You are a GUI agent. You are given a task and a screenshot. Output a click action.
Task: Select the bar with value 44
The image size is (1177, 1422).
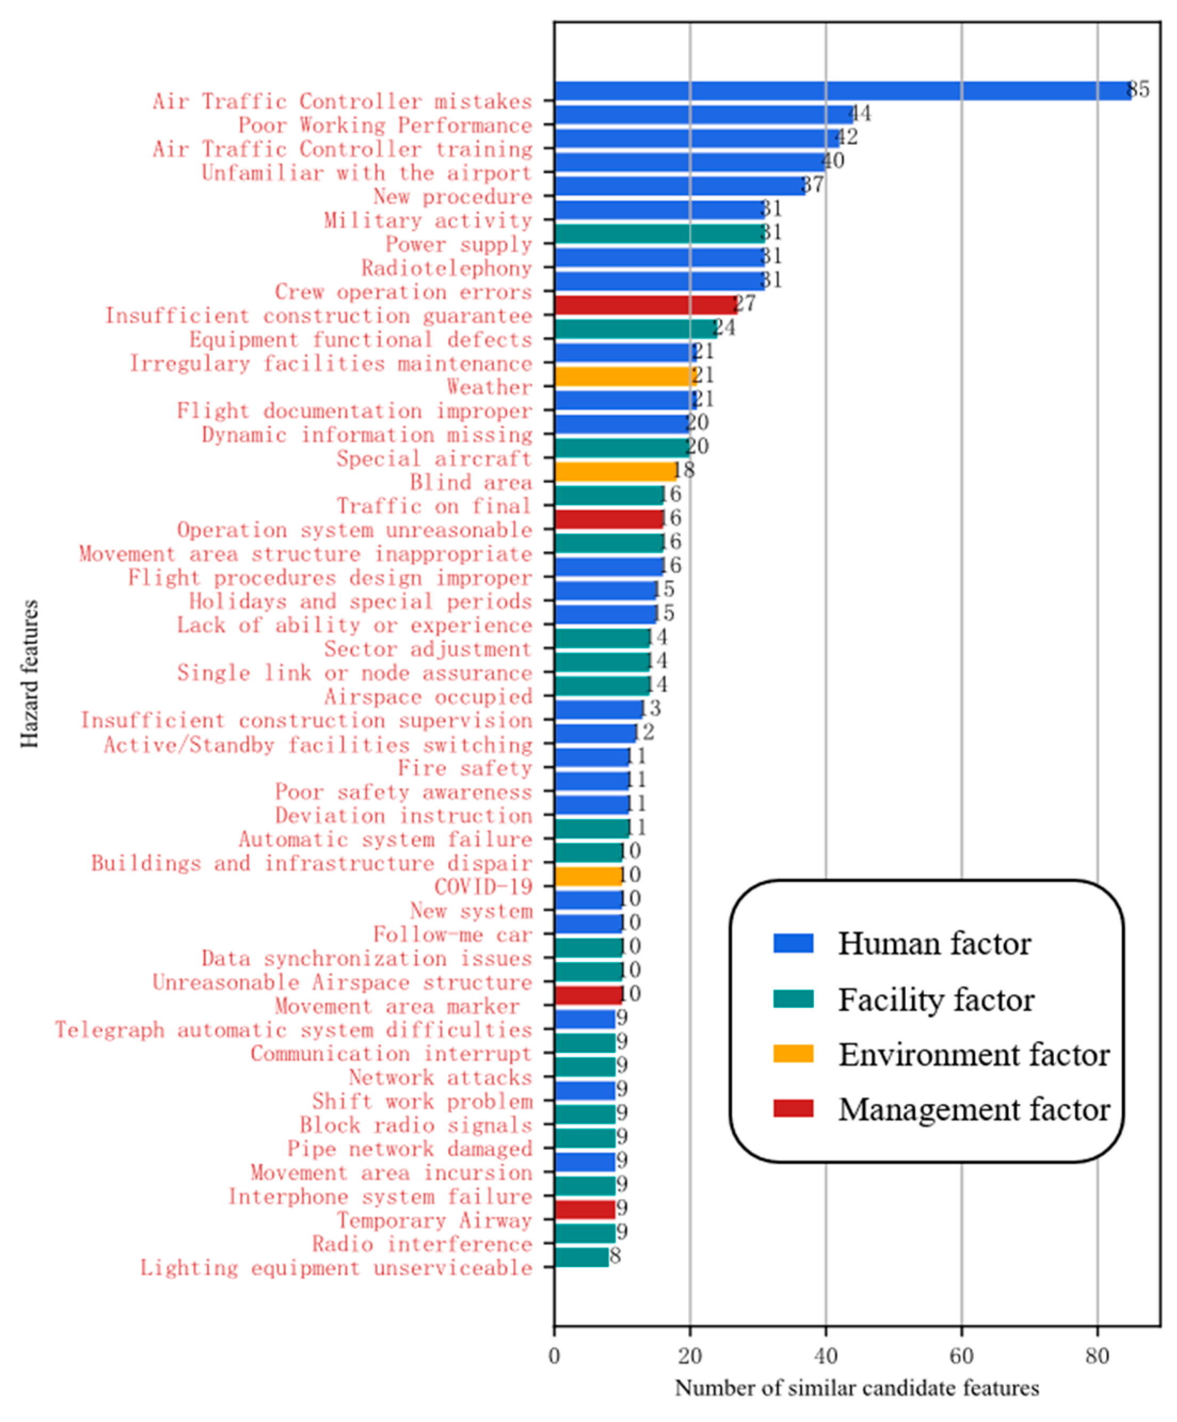704,115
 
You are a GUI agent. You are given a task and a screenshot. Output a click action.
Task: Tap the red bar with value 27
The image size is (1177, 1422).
645,305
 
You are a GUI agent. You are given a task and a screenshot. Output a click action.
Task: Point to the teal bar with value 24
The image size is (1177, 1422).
635,329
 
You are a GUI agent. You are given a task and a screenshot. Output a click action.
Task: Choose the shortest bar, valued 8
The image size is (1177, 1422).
581,1257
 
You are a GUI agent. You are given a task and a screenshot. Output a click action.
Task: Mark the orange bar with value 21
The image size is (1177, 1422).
625,377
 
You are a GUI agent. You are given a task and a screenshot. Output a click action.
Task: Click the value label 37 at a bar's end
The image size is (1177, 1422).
812,184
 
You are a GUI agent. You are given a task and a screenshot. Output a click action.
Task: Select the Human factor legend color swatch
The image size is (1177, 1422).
793,943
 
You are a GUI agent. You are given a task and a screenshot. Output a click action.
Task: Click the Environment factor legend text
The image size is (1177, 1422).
973,1055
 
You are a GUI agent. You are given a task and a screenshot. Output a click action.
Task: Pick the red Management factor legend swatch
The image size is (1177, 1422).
793,1108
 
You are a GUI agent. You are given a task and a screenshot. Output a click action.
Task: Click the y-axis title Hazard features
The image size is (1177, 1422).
30,674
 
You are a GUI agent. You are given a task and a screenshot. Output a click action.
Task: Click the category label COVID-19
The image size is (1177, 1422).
483,886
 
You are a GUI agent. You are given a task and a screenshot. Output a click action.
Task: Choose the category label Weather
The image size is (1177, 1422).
489,387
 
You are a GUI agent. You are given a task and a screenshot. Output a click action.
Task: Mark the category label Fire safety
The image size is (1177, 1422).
464,769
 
